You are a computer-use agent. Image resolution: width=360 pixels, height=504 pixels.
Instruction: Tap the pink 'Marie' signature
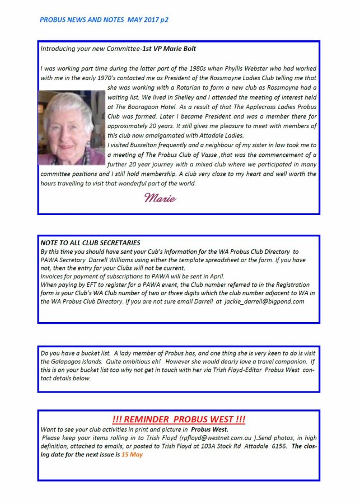click(160, 198)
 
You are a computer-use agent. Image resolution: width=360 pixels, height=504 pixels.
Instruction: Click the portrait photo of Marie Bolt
click(71, 128)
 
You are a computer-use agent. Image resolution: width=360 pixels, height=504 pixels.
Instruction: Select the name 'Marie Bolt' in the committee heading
click(180, 49)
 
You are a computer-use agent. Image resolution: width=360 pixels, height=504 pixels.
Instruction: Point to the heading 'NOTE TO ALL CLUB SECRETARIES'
click(90, 243)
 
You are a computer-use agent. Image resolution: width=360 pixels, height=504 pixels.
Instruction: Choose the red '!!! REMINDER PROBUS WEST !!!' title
click(179, 420)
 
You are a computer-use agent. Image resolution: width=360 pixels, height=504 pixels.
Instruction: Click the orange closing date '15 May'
click(132, 455)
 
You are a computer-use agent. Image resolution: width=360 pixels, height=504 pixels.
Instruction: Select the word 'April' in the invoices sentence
click(214, 277)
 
